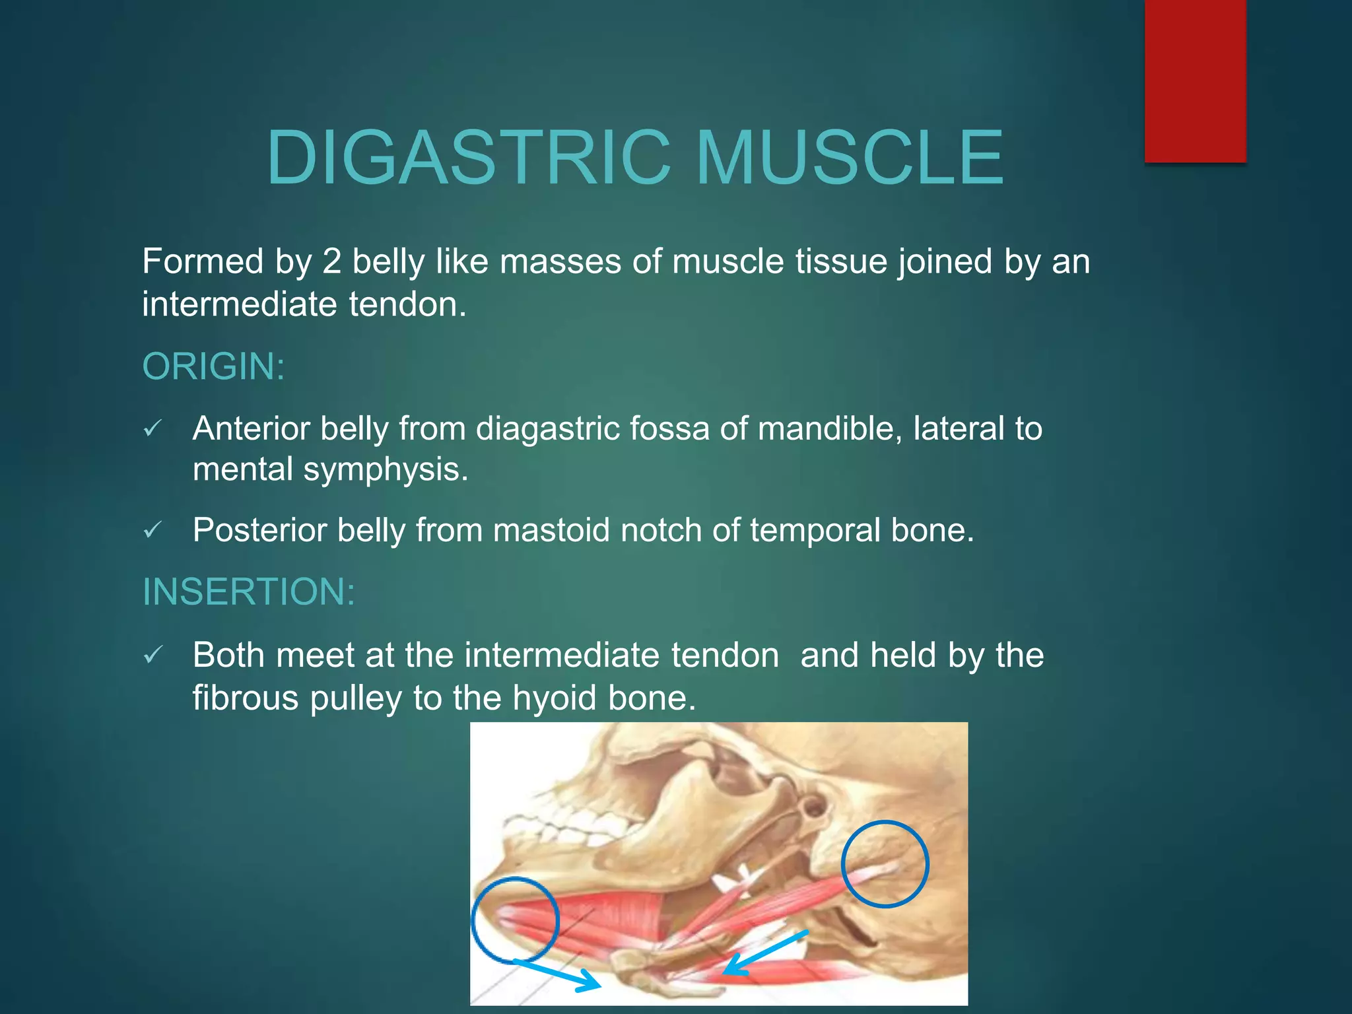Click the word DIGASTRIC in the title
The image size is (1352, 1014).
[x=469, y=158]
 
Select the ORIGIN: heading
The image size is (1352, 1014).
[x=213, y=367]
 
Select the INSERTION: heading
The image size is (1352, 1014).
[x=249, y=592]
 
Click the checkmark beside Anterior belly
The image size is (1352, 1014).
[x=152, y=429]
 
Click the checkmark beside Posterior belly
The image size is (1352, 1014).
[x=152, y=530]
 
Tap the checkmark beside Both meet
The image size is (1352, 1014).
[x=152, y=655]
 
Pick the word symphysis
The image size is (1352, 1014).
[x=386, y=470]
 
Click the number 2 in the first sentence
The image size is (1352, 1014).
[x=331, y=262]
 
